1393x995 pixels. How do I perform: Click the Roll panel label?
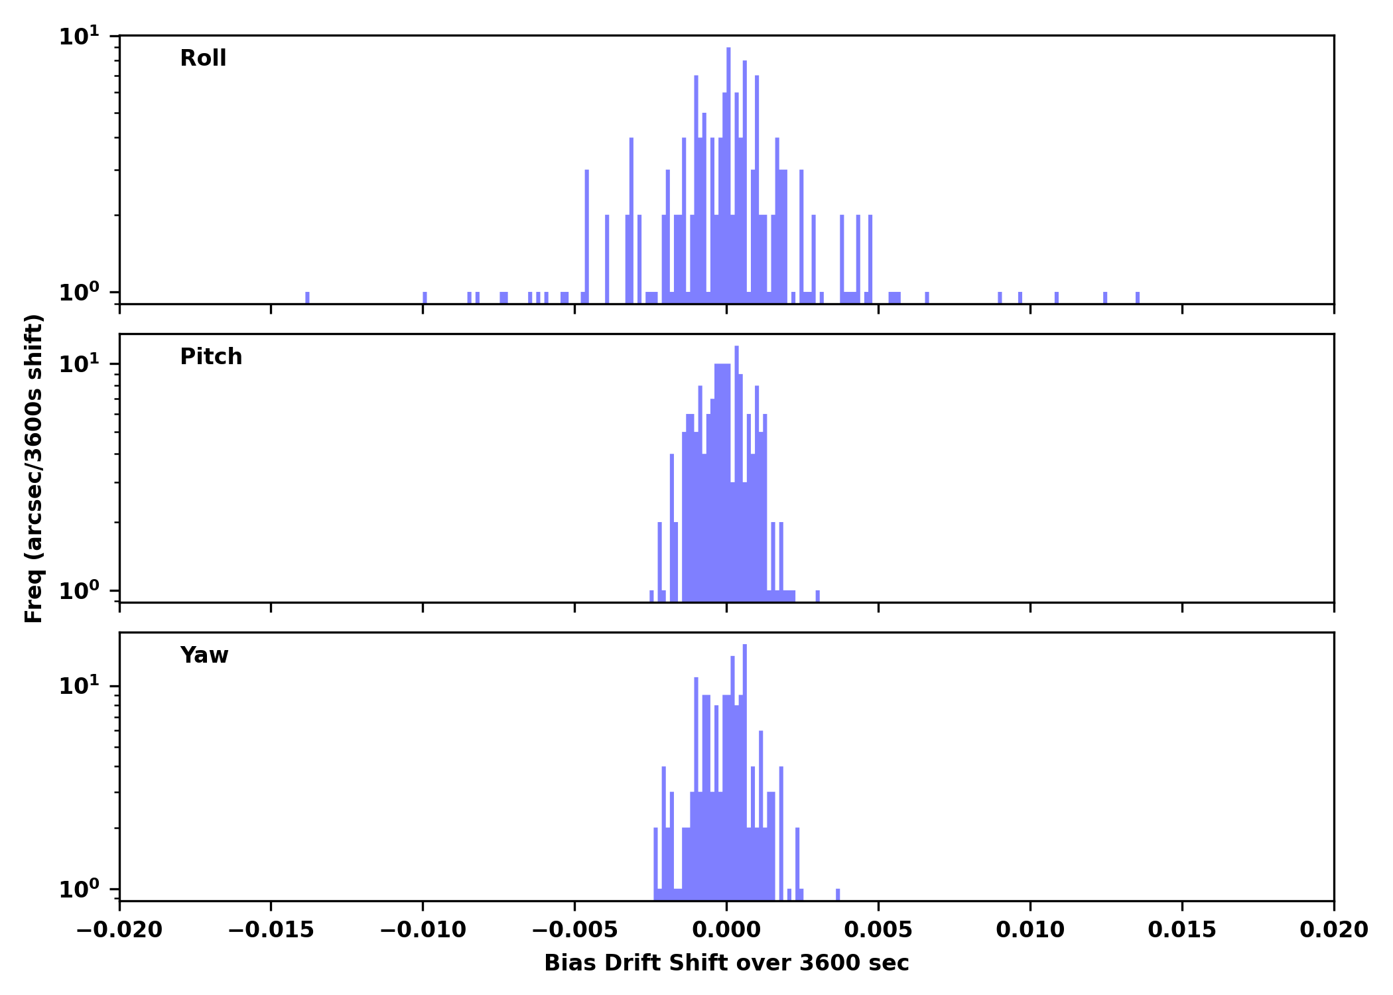[x=203, y=58]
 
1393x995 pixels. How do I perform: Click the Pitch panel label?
[x=211, y=357]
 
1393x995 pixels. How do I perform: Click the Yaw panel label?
[x=204, y=655]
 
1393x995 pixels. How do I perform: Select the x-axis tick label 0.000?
[x=726, y=930]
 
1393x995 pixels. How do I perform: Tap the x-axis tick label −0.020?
[x=119, y=930]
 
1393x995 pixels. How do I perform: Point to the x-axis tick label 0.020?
[x=1333, y=930]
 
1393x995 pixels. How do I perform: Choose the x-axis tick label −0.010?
[x=423, y=930]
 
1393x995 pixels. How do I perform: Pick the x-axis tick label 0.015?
[x=1182, y=930]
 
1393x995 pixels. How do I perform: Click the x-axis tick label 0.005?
[x=878, y=930]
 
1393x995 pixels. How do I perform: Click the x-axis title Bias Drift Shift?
[x=726, y=963]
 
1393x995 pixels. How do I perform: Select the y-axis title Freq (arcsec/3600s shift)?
[x=34, y=468]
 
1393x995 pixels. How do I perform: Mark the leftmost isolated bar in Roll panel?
[x=307, y=298]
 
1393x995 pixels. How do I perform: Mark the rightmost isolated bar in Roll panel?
[x=1138, y=298]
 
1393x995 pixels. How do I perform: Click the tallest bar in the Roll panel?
[x=728, y=172]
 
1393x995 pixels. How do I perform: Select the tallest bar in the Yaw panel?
[x=745, y=769]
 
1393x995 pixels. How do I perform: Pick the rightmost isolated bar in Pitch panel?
[x=817, y=596]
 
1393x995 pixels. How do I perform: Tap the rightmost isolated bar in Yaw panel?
[x=838, y=894]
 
